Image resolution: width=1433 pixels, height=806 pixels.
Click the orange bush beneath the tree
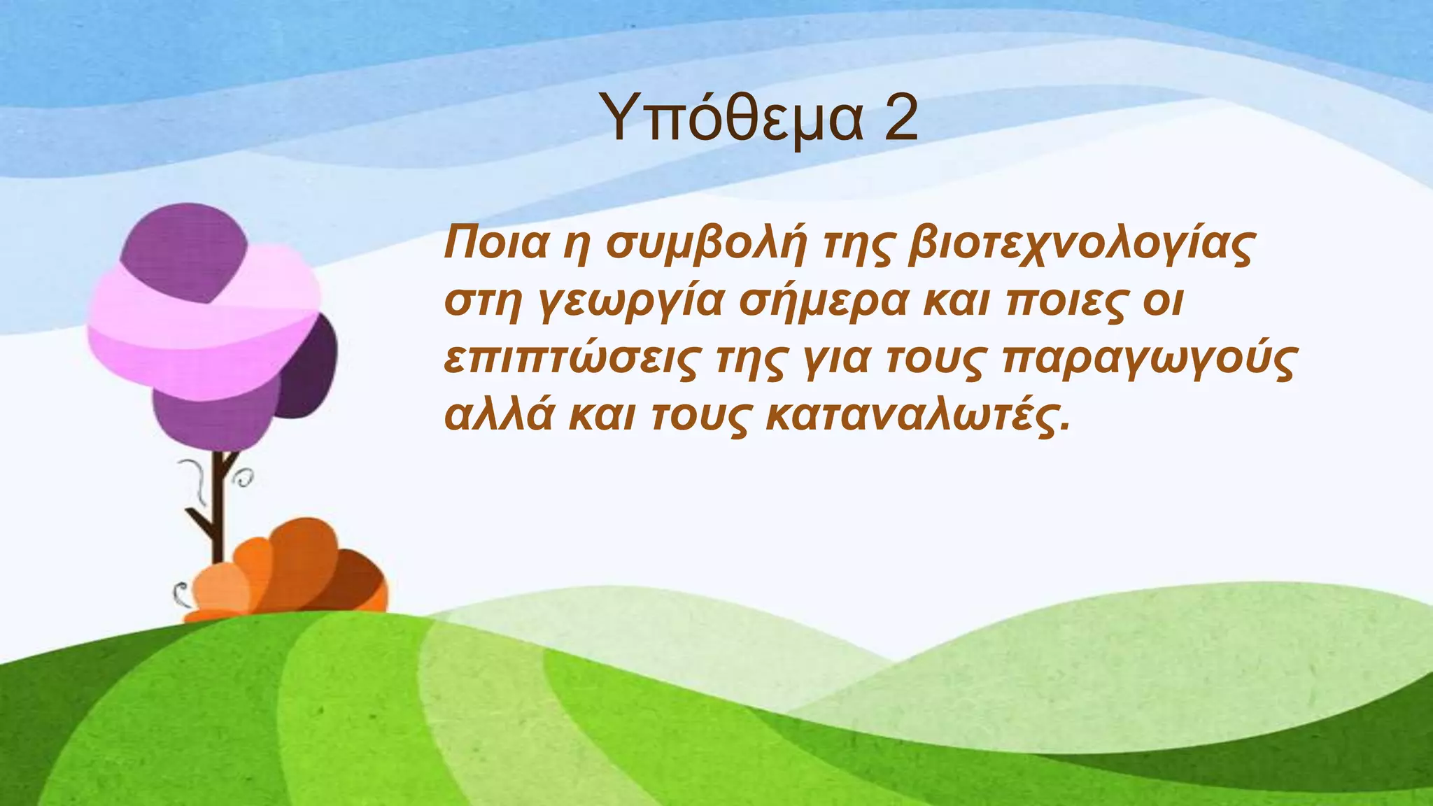(294, 574)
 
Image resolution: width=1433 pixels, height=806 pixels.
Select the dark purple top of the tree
(185, 248)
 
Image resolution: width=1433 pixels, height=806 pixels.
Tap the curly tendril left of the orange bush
(181, 595)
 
